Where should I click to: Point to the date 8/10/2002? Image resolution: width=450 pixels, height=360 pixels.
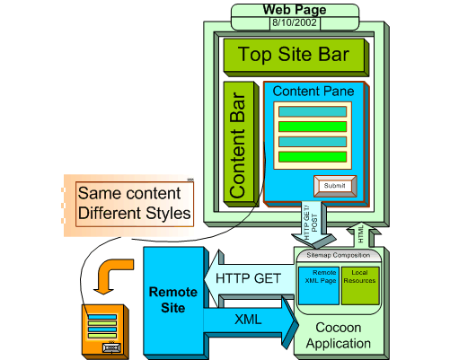296,22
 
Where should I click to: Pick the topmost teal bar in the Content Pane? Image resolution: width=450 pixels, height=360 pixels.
312,111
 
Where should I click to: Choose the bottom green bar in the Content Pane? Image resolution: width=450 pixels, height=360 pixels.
312,157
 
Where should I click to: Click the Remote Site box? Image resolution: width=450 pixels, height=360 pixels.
167,300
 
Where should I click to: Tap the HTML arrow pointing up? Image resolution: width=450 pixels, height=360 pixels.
360,233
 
